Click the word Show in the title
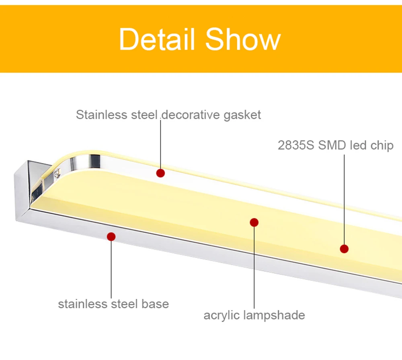coord(243,39)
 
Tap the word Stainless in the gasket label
coord(102,115)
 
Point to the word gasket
coord(242,115)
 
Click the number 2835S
coord(296,145)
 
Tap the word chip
coord(380,145)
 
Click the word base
coord(155,304)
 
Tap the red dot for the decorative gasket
coord(161,173)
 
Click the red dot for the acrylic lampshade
coord(254,222)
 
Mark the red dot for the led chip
coord(344,249)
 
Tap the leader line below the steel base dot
coord(111,269)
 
